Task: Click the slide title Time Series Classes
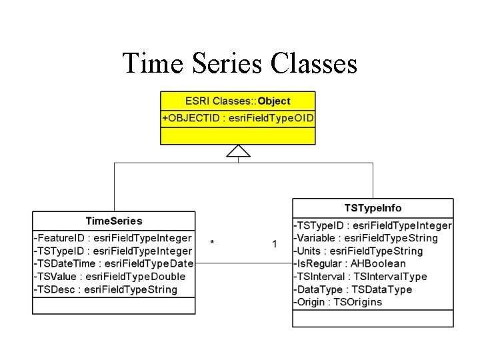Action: click(x=240, y=64)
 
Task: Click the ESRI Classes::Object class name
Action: click(x=238, y=101)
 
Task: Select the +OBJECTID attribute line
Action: click(x=238, y=119)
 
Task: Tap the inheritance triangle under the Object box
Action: click(x=238, y=151)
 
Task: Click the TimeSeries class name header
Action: click(x=114, y=221)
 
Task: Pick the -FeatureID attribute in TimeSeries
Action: click(x=113, y=238)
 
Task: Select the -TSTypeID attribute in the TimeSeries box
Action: click(x=113, y=251)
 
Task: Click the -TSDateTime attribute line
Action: click(x=113, y=263)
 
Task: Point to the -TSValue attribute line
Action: click(x=110, y=277)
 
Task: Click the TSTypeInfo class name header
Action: click(x=373, y=208)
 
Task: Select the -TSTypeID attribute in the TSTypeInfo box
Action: click(x=373, y=225)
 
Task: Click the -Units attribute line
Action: click(x=359, y=251)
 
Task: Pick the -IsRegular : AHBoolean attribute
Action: click(x=349, y=263)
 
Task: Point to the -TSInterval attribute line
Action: click(x=360, y=277)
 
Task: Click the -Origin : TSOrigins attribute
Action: click(x=338, y=302)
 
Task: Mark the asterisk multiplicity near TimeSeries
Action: click(x=212, y=244)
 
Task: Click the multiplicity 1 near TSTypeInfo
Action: click(x=275, y=244)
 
